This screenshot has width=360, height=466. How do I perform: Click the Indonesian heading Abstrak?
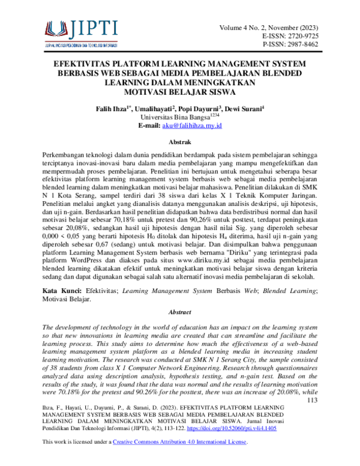pos(180,142)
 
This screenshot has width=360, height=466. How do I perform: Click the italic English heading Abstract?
pos(180,312)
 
